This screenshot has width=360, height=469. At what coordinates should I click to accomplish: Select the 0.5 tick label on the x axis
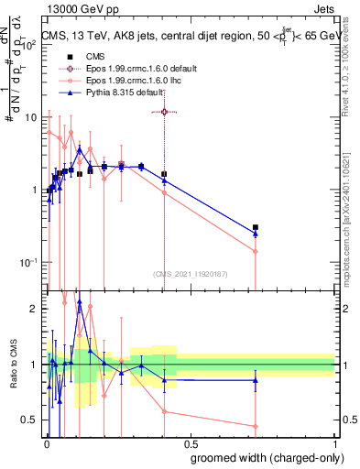(190, 443)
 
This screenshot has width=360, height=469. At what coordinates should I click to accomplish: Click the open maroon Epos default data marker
(164, 112)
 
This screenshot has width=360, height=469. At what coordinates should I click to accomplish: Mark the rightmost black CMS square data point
(256, 227)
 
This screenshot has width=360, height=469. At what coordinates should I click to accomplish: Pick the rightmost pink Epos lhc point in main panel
(256, 251)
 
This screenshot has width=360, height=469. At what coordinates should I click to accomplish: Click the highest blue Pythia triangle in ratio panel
(80, 300)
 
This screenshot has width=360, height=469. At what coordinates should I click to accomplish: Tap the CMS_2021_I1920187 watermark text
(190, 273)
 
